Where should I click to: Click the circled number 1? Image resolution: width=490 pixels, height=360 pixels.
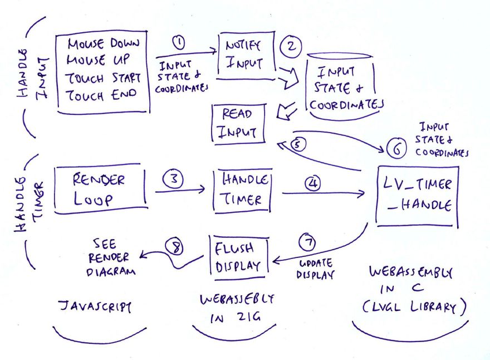(179, 42)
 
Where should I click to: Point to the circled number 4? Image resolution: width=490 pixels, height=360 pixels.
(311, 182)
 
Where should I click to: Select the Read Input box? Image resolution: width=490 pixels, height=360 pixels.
(238, 123)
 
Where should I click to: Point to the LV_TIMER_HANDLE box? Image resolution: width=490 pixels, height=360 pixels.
(418, 196)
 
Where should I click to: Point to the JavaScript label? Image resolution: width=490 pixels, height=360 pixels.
(95, 307)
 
